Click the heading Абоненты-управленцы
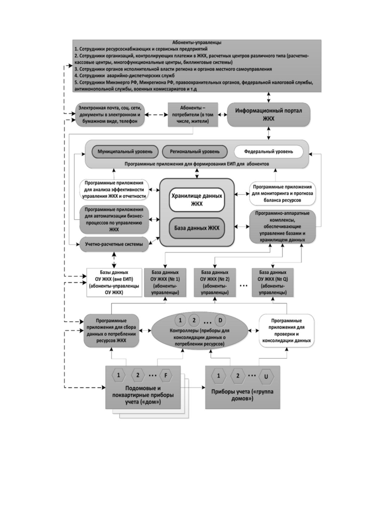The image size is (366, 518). (197, 42)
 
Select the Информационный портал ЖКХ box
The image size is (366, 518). (269, 114)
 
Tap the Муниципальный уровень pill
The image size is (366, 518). (125, 152)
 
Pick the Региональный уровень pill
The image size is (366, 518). (195, 152)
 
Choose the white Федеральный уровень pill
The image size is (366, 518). (269, 152)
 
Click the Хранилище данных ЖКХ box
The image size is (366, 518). (197, 200)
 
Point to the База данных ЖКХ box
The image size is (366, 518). (197, 228)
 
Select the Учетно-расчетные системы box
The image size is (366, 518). (114, 244)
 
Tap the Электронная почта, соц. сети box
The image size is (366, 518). (110, 114)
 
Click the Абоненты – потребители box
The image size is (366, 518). (193, 114)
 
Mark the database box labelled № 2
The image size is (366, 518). (215, 282)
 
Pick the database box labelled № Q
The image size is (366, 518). (273, 282)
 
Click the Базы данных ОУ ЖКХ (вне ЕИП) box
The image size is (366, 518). (114, 282)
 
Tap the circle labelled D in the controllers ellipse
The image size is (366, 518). (220, 320)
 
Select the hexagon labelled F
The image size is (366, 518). (165, 375)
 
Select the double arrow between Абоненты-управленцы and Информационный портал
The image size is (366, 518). (269, 98)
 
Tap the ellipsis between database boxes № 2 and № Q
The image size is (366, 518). (244, 286)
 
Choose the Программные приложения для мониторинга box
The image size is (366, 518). (283, 193)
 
